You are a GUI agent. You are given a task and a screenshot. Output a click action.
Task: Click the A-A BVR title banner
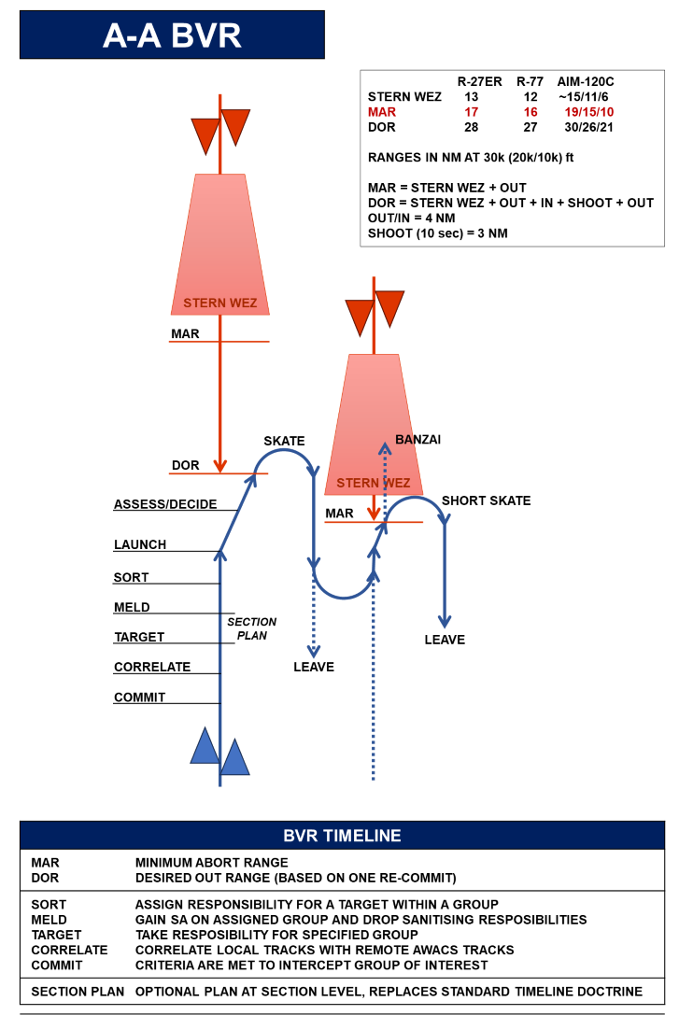[x=172, y=35]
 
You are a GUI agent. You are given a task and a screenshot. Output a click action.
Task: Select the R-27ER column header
[x=480, y=81]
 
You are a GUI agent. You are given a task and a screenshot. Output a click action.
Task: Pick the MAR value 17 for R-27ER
[x=472, y=112]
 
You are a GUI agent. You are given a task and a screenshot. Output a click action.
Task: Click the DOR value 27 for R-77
[x=530, y=127]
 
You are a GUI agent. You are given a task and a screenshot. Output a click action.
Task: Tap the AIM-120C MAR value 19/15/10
[x=589, y=112]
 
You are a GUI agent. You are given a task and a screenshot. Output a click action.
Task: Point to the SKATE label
[x=284, y=441]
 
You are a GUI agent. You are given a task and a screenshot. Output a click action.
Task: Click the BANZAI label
[x=418, y=440]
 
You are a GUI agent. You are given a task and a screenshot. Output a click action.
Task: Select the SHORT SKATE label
[x=486, y=500]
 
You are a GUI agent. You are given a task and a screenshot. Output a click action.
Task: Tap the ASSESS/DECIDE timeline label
[x=165, y=504]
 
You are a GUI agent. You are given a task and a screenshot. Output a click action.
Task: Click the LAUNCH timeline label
[x=140, y=544]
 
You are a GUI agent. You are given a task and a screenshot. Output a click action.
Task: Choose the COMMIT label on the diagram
[x=140, y=698]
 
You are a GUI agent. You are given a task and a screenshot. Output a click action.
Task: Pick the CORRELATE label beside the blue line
[x=152, y=667]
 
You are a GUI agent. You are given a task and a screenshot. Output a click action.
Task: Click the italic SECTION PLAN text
[x=252, y=628]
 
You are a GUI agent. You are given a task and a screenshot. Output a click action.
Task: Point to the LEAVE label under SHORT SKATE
[x=445, y=640]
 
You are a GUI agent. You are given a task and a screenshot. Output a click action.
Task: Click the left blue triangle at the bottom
[x=205, y=746]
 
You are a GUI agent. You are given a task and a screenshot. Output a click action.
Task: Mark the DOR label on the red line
[x=185, y=465]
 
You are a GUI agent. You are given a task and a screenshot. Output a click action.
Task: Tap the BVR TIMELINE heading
[x=342, y=836]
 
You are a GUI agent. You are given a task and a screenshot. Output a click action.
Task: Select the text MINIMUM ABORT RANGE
[x=212, y=863]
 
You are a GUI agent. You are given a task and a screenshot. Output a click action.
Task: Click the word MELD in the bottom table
[x=50, y=920]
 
